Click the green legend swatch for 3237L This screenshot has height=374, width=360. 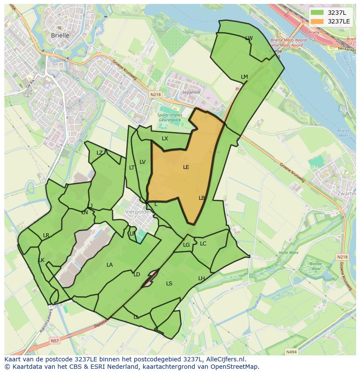coord(317,13)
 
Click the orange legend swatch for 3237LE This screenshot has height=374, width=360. coord(317,21)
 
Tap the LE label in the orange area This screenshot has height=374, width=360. coord(186,167)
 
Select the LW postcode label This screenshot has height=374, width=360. coord(249,38)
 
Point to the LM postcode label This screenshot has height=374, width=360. coord(244,77)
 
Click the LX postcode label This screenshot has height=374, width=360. coord(165,139)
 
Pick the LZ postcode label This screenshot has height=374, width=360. coord(100,152)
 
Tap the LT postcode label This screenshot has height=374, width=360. coord(132,167)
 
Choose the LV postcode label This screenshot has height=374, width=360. coord(142,162)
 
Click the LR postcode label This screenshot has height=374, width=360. coord(46,235)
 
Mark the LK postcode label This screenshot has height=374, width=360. coord(41,260)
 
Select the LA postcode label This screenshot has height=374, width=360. coord(110,265)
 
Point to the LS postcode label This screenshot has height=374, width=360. coord(169,284)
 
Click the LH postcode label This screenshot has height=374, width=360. coord(201,278)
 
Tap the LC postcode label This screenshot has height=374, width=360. coord(203,244)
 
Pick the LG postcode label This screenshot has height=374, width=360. coord(186,245)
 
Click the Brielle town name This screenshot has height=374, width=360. coord(60,36)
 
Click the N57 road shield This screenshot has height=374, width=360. coord(54,341)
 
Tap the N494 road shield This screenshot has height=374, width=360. coord(291,352)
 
